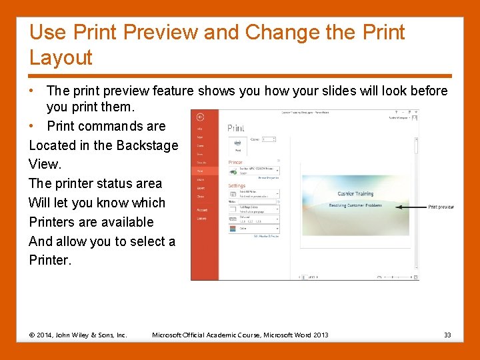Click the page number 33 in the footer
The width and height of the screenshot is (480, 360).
click(447, 335)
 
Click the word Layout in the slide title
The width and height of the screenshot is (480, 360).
click(61, 58)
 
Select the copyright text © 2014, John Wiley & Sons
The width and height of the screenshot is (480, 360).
click(78, 335)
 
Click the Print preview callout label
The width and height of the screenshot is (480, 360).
click(441, 207)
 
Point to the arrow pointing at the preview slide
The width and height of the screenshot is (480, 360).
click(410, 207)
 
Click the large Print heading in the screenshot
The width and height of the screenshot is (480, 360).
click(236, 128)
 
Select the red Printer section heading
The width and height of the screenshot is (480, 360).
click(235, 161)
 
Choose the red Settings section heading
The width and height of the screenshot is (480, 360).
click(237, 186)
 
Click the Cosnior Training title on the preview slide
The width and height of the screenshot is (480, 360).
click(355, 194)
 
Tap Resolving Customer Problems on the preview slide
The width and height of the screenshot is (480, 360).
click(355, 205)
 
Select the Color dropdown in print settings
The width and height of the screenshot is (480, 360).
click(253, 228)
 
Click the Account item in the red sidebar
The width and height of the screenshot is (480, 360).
click(201, 209)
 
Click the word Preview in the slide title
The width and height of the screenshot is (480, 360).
click(167, 32)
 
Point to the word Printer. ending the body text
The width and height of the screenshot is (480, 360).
click(50, 260)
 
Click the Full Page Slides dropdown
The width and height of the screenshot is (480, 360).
click(253, 209)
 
